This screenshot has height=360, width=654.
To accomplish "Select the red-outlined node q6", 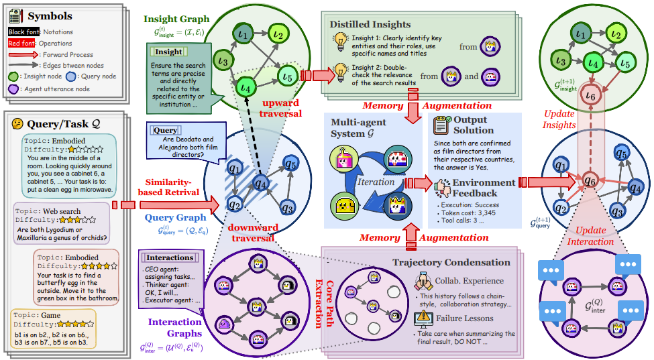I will click(589, 180).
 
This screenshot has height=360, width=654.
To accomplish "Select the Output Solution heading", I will click(474, 125).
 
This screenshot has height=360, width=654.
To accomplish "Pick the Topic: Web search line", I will click(50, 211).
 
